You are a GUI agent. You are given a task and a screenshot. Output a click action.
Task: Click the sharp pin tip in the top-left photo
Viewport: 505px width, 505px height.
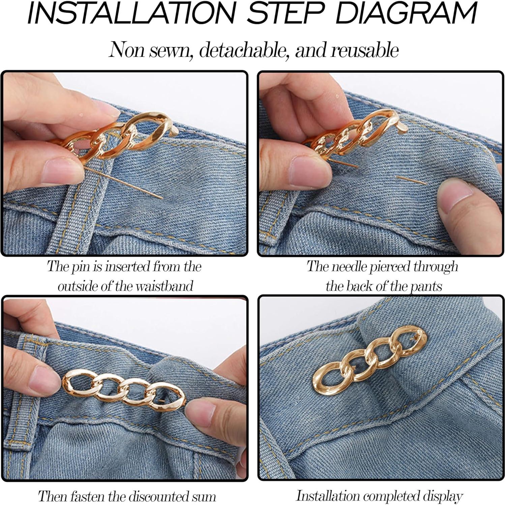pos(161,198)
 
